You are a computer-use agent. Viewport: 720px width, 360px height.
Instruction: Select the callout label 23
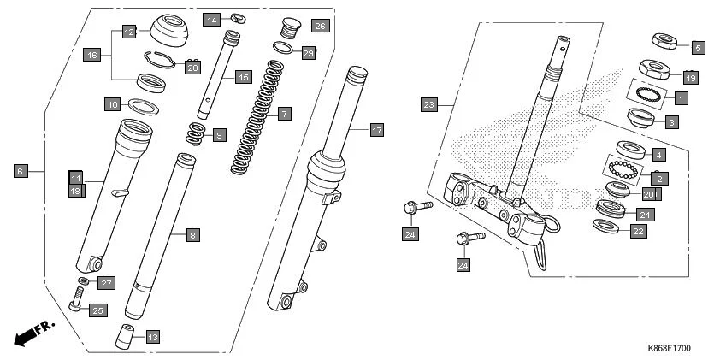[429, 105]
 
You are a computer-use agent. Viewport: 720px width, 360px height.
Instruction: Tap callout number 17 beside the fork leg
[376, 130]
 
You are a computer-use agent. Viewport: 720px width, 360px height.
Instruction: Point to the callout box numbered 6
[20, 171]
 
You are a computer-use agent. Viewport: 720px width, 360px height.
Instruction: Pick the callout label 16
[91, 55]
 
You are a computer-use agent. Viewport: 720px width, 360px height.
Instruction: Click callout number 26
[319, 25]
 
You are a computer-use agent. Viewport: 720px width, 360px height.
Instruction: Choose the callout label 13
[151, 335]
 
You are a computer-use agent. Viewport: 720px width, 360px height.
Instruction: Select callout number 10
[112, 104]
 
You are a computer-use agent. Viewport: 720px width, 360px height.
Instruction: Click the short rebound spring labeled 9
[196, 133]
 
